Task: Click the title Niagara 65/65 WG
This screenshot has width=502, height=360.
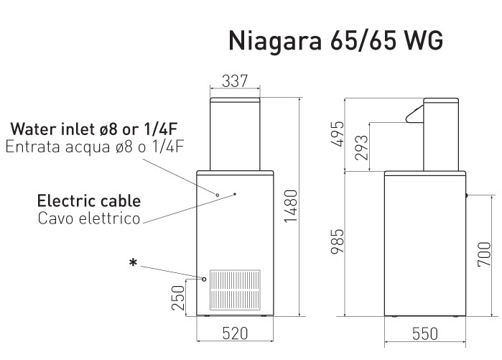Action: click(x=336, y=41)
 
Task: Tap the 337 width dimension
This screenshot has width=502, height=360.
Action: click(x=235, y=81)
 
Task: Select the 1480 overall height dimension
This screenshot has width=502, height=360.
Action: click(x=291, y=206)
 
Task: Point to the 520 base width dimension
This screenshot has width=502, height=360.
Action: click(x=235, y=333)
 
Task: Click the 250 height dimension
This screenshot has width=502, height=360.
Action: click(x=178, y=297)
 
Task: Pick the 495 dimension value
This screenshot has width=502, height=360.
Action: click(x=337, y=134)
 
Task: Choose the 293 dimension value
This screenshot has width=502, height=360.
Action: click(x=362, y=147)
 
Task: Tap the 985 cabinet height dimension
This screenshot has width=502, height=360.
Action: click(x=337, y=241)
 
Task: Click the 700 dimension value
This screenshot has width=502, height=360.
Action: click(x=484, y=254)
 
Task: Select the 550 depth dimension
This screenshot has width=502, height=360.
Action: click(x=425, y=333)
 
